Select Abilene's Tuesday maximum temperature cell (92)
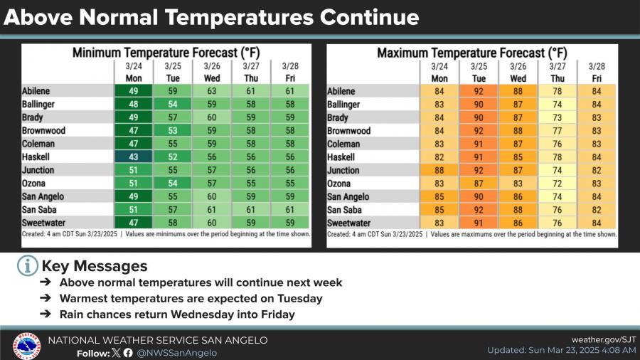click(x=479, y=91)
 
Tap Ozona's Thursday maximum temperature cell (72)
click(x=557, y=183)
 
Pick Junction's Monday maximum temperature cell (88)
click(x=439, y=170)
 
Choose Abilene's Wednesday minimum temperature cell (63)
click(x=212, y=91)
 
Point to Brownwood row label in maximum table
click(x=348, y=131)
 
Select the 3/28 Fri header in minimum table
click(x=290, y=71)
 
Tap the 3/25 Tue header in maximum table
click(x=479, y=71)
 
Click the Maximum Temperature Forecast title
click(x=471, y=53)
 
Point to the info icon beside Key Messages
click(x=27, y=266)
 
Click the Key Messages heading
click(x=95, y=266)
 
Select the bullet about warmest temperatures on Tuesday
click(x=191, y=298)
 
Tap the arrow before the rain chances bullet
click(x=45, y=314)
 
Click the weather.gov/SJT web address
click(x=604, y=340)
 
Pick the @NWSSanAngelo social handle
click(x=176, y=352)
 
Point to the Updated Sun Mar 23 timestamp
click(x=562, y=351)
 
